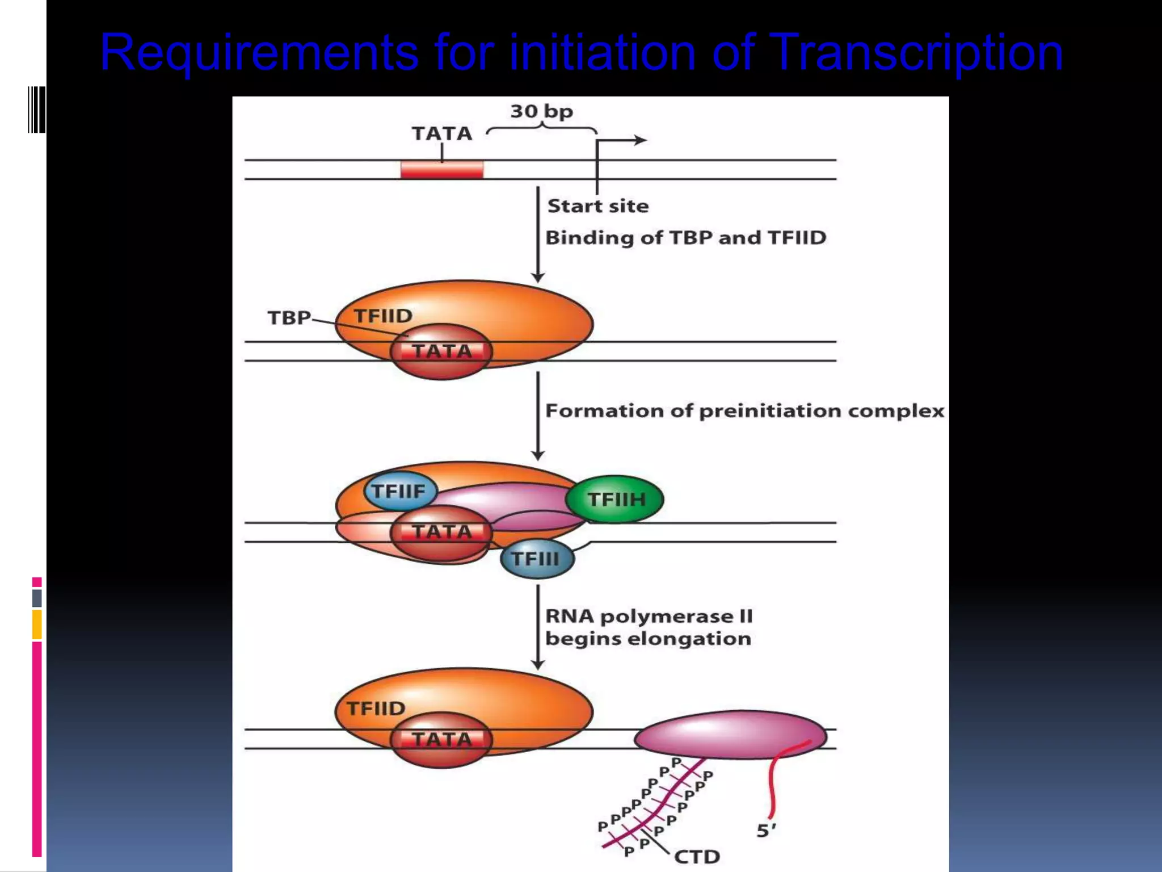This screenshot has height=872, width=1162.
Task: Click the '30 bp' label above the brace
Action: coord(541,111)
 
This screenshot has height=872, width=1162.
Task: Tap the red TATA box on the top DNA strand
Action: coord(442,170)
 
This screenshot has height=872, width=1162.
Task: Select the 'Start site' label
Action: coord(597,206)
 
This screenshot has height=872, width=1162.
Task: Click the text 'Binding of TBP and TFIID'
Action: coord(685,237)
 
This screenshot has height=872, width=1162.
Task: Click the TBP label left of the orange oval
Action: coord(289,317)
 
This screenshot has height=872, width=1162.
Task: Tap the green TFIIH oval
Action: coord(616,500)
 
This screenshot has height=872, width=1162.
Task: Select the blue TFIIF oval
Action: coord(399,491)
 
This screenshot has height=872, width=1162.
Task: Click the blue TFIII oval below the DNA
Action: coord(536,559)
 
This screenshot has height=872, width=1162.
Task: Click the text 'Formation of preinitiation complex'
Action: coord(744,410)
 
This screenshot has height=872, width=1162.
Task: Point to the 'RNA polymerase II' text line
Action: coord(649,616)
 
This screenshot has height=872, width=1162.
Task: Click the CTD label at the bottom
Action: coord(697,856)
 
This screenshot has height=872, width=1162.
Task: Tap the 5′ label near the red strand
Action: coord(765,831)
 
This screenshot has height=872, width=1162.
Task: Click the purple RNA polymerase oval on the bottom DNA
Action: coord(729,735)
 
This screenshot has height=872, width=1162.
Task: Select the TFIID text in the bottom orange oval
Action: coord(376,708)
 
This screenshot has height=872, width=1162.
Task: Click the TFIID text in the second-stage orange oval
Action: coord(383,316)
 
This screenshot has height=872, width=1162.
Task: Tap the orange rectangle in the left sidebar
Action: coord(37,624)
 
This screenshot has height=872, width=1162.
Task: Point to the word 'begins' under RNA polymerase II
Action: coord(583,639)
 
